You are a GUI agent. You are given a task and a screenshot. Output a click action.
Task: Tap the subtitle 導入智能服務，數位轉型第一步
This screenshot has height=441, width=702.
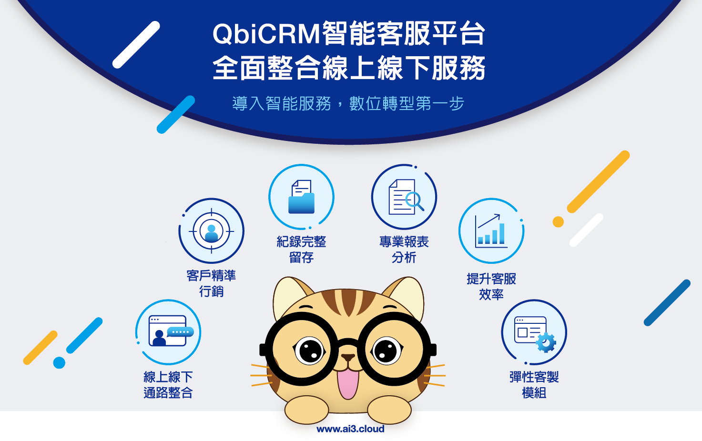[348, 103]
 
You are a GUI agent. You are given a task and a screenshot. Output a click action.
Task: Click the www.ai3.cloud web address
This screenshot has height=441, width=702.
[350, 429]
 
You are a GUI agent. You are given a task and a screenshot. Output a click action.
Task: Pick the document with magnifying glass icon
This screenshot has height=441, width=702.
[405, 197]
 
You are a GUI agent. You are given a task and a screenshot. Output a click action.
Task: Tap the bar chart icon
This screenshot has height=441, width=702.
[491, 231]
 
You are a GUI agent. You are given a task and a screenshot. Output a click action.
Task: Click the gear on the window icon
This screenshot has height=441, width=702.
[546, 342]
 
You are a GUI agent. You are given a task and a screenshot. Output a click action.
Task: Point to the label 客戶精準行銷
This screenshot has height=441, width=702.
[211, 283]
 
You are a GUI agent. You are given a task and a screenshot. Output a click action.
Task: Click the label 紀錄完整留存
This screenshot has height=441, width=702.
[301, 249]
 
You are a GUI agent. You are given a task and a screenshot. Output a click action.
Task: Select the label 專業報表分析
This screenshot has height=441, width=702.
[404, 249]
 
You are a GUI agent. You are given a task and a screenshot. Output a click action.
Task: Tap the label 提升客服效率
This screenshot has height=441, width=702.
[491, 286]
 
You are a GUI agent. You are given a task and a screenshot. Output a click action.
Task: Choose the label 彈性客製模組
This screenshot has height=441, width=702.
[534, 385]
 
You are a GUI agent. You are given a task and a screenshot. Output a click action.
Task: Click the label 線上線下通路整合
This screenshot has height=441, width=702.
[168, 385]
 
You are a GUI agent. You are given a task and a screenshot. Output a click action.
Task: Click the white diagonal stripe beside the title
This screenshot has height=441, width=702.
[136, 45]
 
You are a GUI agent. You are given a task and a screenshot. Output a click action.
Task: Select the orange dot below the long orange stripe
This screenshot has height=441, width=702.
[558, 221]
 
